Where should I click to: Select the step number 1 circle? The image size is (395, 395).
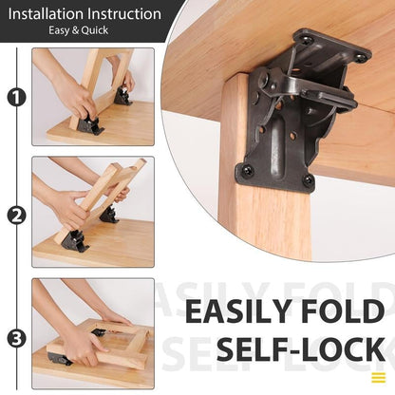pos(16,97)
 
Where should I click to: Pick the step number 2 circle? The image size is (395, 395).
pos(16,215)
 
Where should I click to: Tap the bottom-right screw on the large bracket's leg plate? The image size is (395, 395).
pos(307,179)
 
